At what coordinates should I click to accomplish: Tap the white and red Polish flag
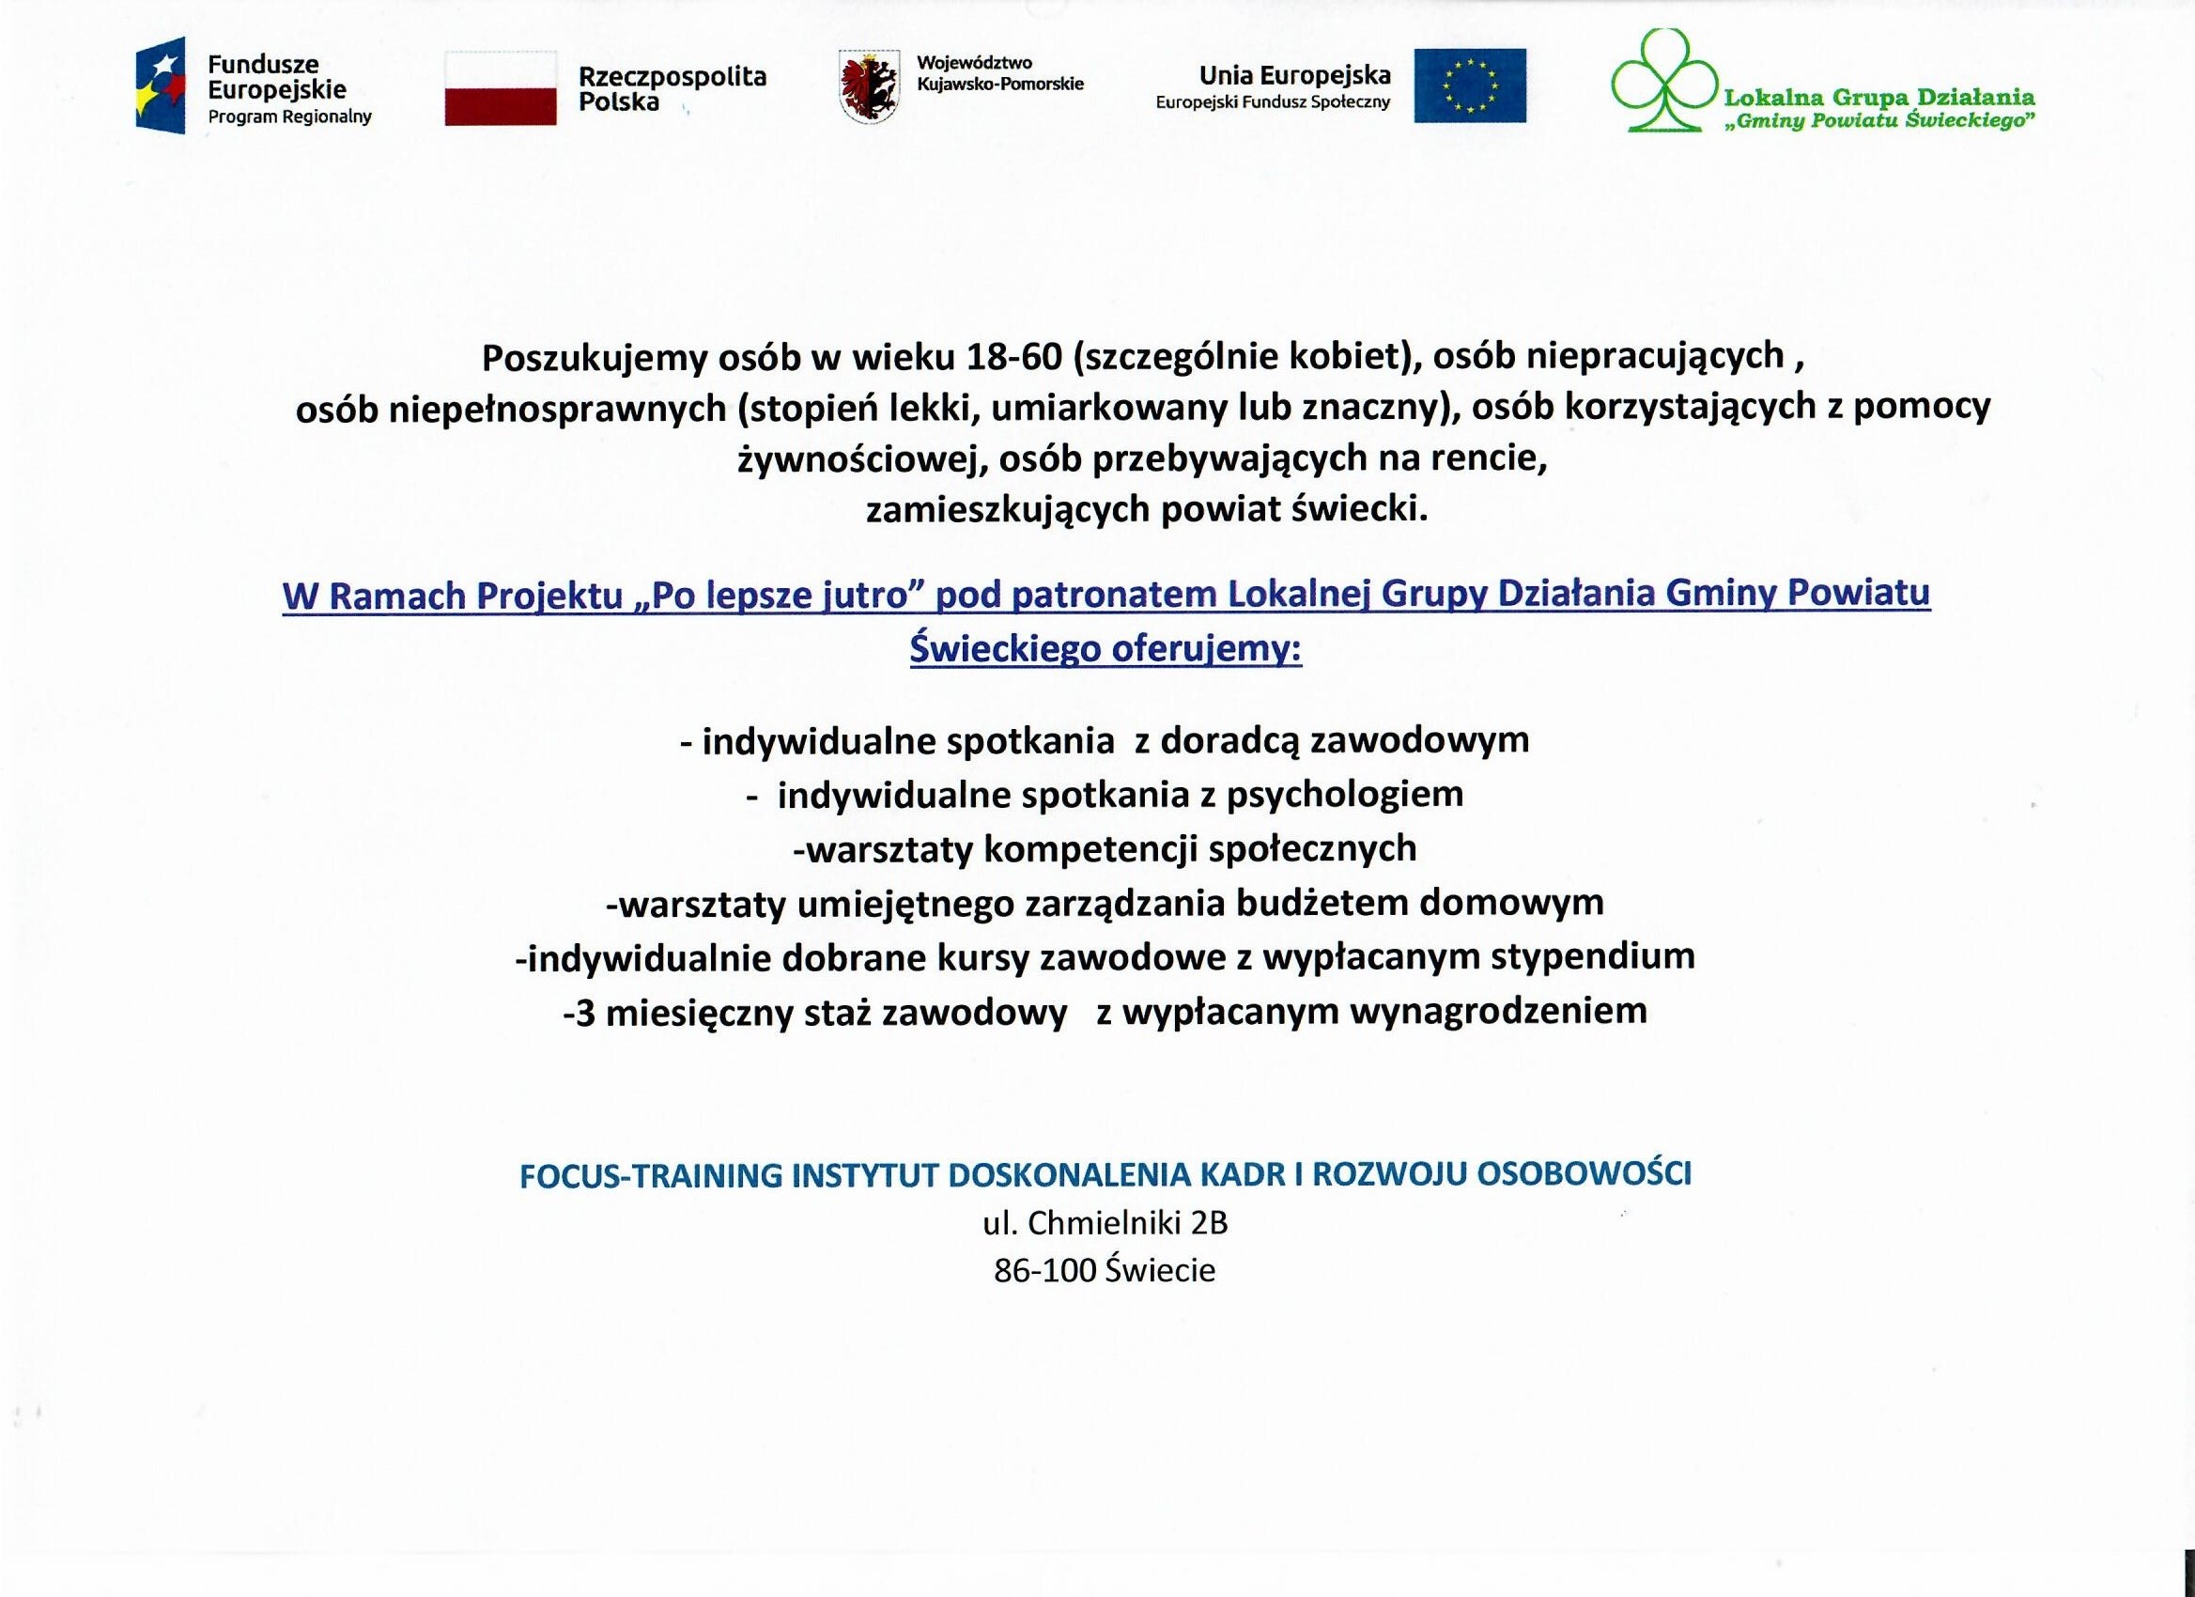coord(501,88)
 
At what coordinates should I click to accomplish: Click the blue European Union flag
coord(1469,86)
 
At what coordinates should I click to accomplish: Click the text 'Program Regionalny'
coord(289,117)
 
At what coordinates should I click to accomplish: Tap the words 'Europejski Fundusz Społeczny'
coord(1273,102)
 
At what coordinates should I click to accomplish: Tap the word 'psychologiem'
coord(1344,795)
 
